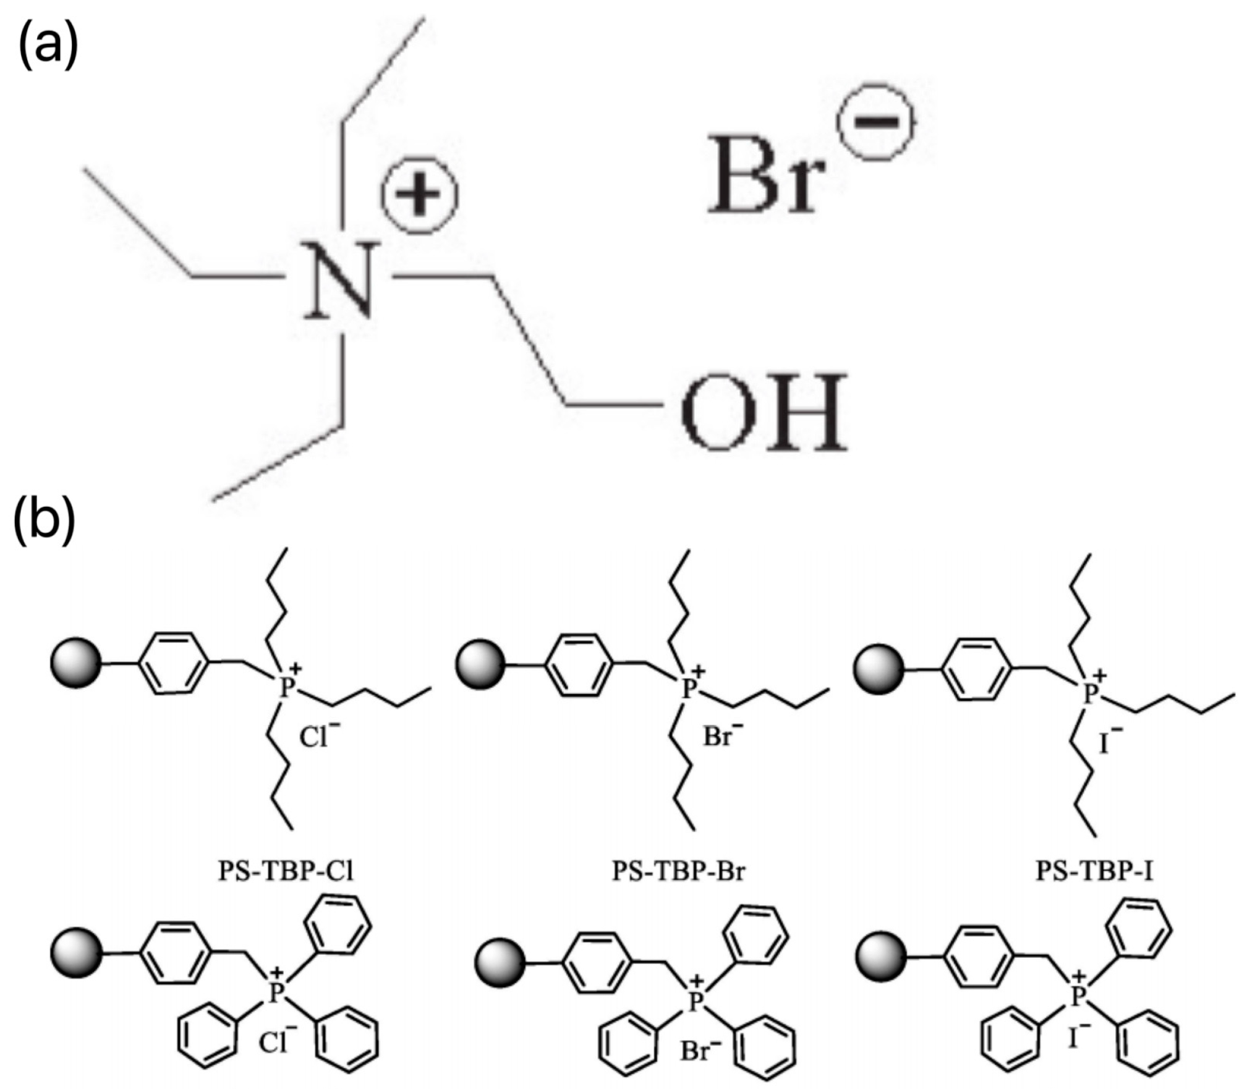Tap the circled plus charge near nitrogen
[420, 192]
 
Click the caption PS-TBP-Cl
[286, 871]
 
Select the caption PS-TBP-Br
[679, 871]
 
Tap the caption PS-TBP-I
[1095, 871]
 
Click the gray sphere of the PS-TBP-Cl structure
[75, 665]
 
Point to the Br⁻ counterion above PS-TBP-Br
[721, 735]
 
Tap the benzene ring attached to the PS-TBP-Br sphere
[581, 665]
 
